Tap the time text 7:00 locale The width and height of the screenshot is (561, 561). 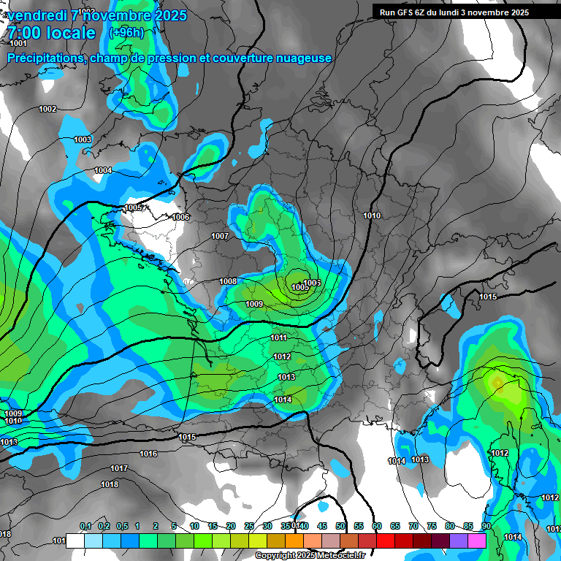pyautogui.click(x=51, y=34)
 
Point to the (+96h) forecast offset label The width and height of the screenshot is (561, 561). pyautogui.click(x=126, y=33)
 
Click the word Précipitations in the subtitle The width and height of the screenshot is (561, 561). pyautogui.click(x=45, y=58)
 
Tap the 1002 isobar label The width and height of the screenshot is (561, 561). pyautogui.click(x=47, y=109)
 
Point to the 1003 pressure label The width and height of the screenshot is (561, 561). pyautogui.click(x=83, y=140)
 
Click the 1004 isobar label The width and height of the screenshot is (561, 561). pyautogui.click(x=103, y=170)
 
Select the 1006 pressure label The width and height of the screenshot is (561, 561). pyautogui.click(x=181, y=217)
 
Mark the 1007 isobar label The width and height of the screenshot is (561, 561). pyautogui.click(x=220, y=236)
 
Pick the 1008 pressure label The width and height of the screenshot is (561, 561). pyautogui.click(x=228, y=281)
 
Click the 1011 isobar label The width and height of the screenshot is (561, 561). pyautogui.click(x=278, y=337)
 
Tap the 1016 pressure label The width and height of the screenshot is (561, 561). pyautogui.click(x=148, y=454)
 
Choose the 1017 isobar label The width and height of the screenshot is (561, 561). pyautogui.click(x=119, y=468)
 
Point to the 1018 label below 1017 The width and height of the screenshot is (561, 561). pyautogui.click(x=110, y=484)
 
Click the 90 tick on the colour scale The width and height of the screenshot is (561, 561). pyautogui.click(x=486, y=526)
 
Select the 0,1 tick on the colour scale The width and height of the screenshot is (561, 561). pyautogui.click(x=85, y=526)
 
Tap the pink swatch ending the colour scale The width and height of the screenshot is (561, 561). pyautogui.click(x=478, y=541)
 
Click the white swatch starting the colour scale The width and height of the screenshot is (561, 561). pyautogui.click(x=75, y=541)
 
